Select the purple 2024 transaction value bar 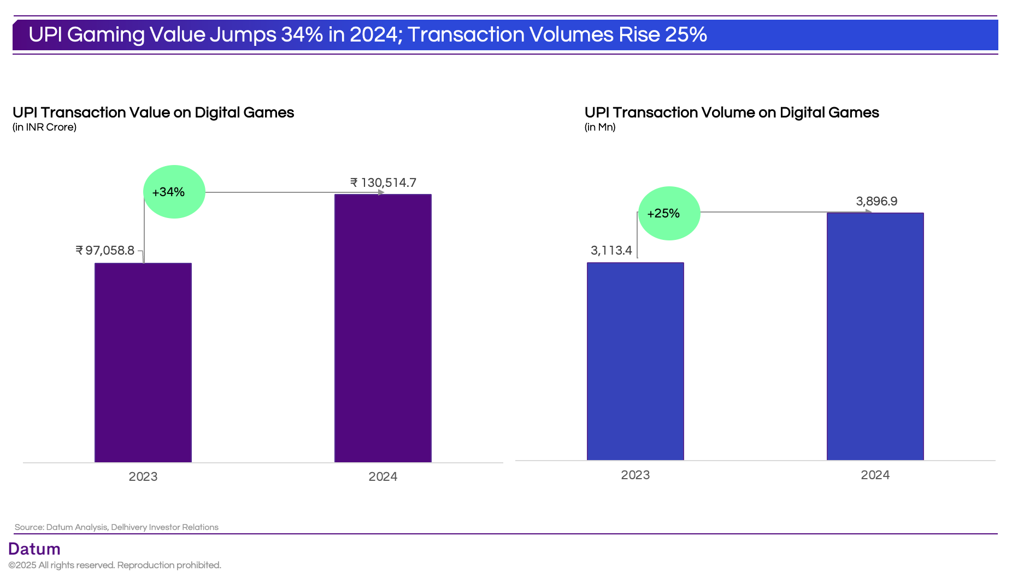pos(383,328)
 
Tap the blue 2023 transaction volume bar pos(635,361)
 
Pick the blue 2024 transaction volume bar pos(875,336)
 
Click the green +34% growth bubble pos(174,192)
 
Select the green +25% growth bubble pos(669,213)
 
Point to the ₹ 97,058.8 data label pos(105,250)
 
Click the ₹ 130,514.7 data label pos(383,182)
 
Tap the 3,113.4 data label pos(611,250)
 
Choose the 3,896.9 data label pos(876,201)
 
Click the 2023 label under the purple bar pos(143,476)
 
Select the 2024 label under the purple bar pos(383,476)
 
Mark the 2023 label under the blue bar pos(635,475)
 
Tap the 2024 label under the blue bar pos(875,475)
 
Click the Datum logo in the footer pos(34,549)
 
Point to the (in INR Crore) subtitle pos(44,127)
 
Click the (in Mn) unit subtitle pos(599,127)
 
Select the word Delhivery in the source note pos(129,527)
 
